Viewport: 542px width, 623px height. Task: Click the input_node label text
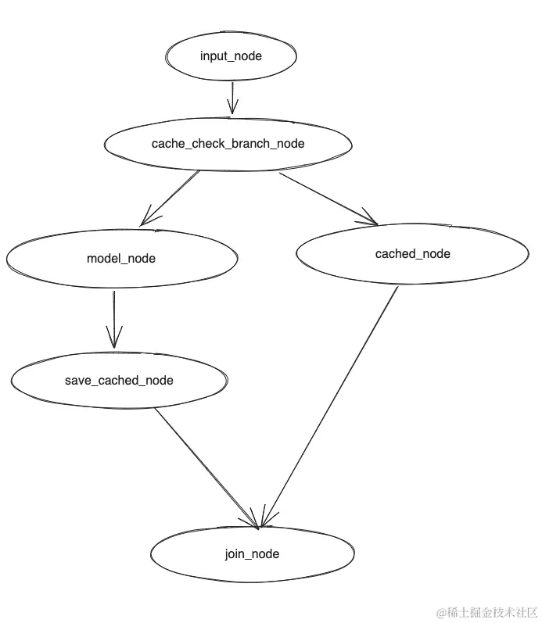231,56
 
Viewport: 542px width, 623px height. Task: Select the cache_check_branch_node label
228,144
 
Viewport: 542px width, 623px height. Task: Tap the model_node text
120,259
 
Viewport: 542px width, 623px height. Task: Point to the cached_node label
412,254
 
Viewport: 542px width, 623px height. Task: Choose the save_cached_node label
119,381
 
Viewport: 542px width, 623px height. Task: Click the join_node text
251,554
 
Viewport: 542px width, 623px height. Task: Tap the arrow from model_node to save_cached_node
114,317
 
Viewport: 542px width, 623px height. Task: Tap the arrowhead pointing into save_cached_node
115,342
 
